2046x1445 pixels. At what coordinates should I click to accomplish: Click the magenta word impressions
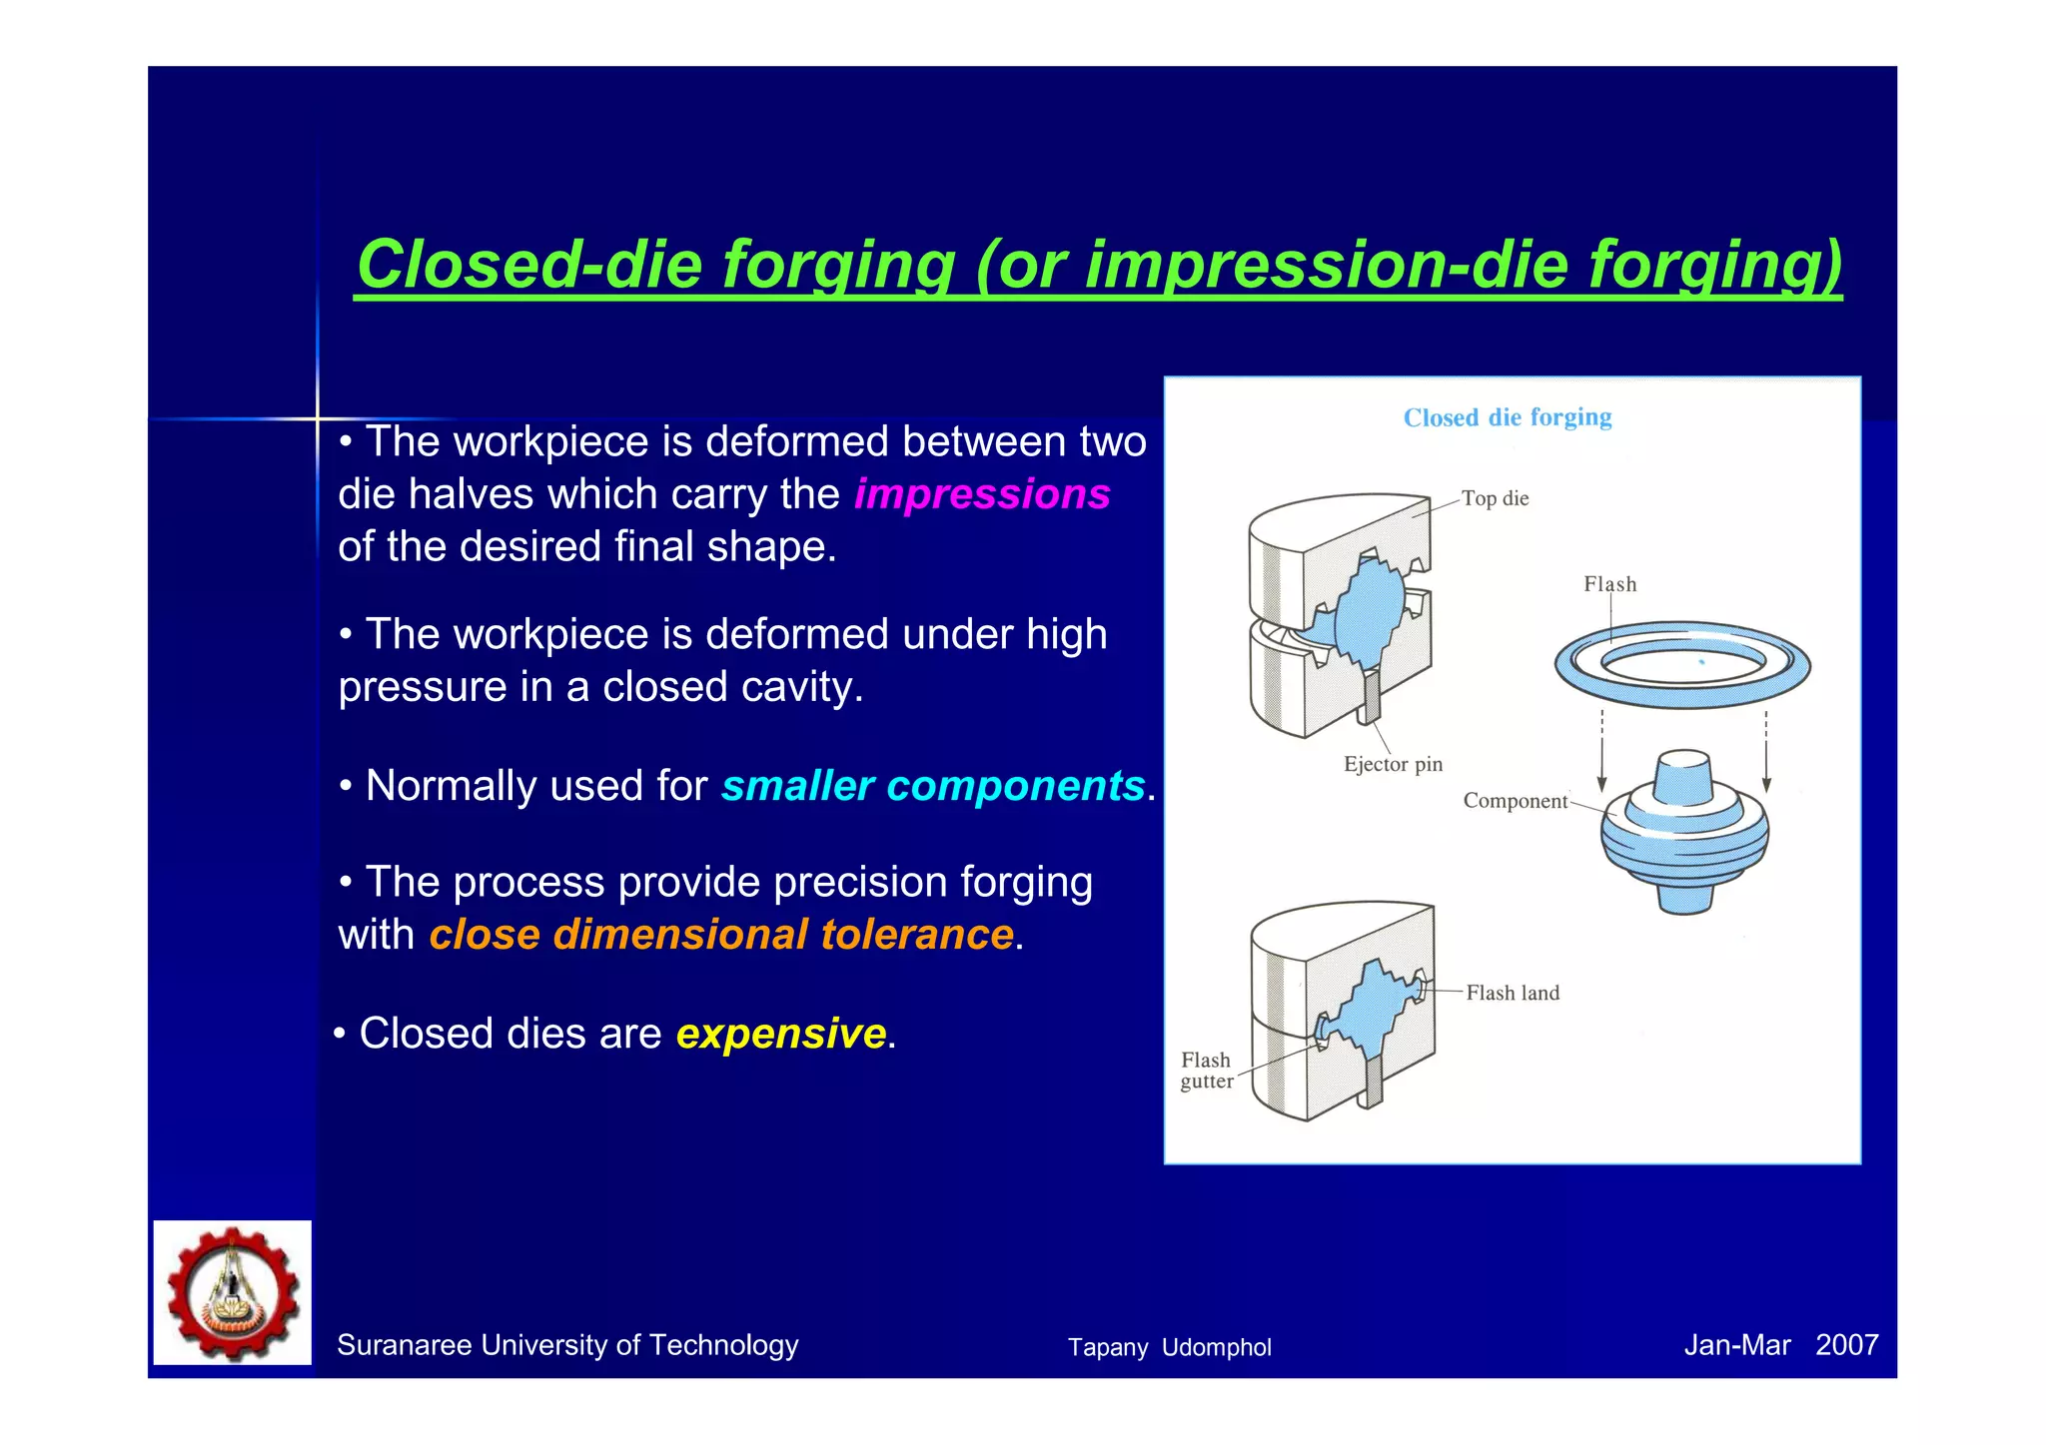[982, 494]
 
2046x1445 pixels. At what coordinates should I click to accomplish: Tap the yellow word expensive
[781, 1034]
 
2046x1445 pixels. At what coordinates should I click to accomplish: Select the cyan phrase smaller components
[932, 786]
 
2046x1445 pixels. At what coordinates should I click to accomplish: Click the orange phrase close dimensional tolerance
[721, 935]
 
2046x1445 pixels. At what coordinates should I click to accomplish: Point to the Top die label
[1495, 498]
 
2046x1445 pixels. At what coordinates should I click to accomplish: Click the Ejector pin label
[1393, 764]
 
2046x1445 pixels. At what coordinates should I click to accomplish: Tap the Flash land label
[1513, 993]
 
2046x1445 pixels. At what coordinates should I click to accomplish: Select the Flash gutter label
[1206, 1071]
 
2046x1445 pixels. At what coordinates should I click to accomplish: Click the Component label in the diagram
[1515, 801]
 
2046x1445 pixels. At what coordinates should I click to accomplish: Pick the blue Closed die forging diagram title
[1507, 417]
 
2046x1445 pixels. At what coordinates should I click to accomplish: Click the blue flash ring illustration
[1682, 664]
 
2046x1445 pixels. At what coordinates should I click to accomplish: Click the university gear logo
[233, 1292]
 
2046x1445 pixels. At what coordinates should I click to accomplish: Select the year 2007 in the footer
[1846, 1345]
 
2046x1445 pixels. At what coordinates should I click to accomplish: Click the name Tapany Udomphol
[1169, 1347]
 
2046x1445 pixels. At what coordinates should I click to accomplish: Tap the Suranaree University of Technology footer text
[567, 1345]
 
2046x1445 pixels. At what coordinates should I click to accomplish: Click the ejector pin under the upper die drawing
[1371, 696]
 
